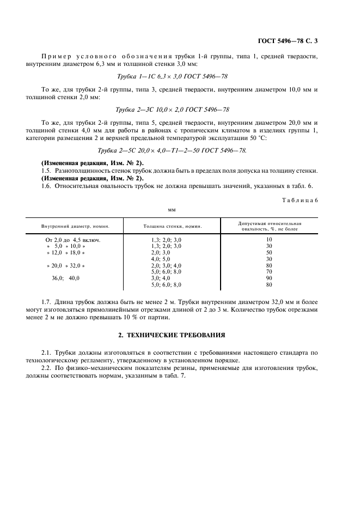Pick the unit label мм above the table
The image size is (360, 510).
pos(172,208)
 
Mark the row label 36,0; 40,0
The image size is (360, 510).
pos(65,278)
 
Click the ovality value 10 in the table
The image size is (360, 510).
pos(269,240)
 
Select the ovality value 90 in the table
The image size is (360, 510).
pos(269,278)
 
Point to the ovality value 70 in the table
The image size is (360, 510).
pos(269,271)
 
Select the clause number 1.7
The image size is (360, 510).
pos(47,301)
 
